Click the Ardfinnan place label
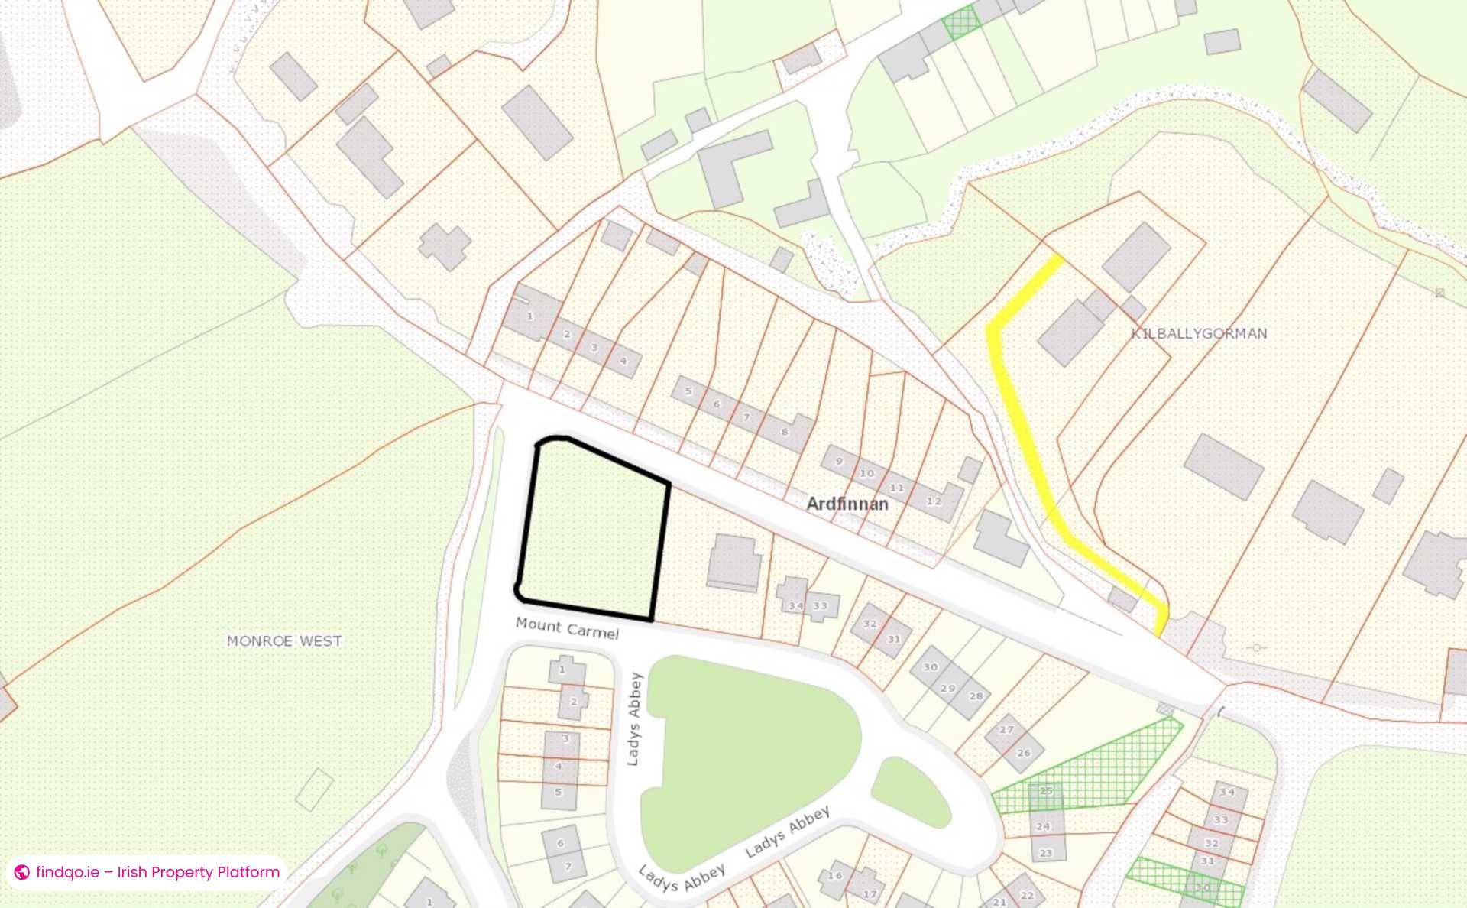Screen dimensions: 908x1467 pos(847,504)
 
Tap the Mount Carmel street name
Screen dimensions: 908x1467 pos(567,627)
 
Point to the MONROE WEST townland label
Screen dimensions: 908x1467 pos(284,640)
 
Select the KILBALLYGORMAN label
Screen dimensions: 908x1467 pos(1199,333)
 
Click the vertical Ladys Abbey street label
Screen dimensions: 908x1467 pos(634,718)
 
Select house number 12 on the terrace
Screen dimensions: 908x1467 pos(934,501)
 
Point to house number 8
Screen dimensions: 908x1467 pos(785,432)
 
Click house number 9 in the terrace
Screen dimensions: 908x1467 pos(839,461)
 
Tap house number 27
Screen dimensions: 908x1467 pos(1006,730)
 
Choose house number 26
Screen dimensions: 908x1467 pos(1024,753)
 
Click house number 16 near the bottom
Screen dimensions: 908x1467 pos(835,876)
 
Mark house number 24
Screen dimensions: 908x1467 pos(1043,826)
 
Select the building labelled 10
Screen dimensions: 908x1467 pos(866,473)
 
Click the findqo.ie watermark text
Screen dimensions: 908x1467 pos(157,872)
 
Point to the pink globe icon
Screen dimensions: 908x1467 pos(22,872)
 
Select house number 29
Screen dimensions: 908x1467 pos(948,688)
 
